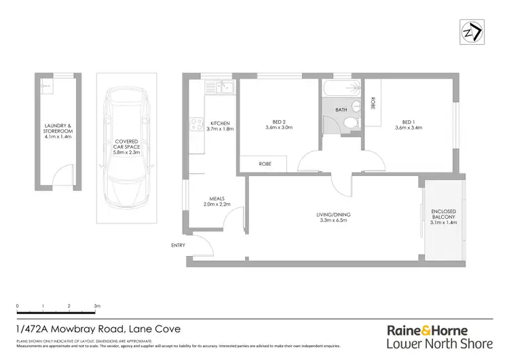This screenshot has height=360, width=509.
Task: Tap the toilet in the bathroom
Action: click(x=351, y=123)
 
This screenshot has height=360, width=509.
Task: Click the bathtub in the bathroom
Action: click(x=341, y=88)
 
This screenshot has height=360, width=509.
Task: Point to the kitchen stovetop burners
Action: click(x=197, y=124)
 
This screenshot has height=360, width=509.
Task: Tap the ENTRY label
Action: click(x=177, y=247)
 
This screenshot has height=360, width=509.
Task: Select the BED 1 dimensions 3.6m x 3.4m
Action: click(x=408, y=129)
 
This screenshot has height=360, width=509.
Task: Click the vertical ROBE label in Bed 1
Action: click(x=373, y=103)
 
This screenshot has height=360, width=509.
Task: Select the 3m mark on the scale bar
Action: click(x=97, y=306)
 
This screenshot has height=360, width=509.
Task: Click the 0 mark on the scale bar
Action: click(x=18, y=306)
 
